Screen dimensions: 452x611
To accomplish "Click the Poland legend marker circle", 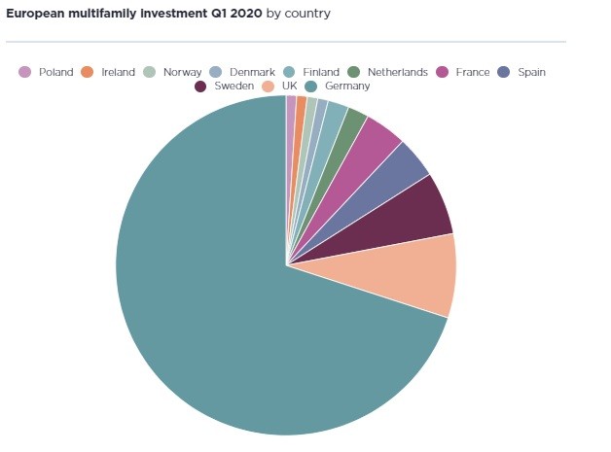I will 25,72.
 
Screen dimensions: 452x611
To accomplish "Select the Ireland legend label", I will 118,72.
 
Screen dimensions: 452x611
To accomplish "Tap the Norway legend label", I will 182,72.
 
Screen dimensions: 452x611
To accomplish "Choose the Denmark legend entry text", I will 252,72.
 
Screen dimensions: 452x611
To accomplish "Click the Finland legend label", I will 320,72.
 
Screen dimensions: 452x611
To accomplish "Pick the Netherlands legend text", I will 397,72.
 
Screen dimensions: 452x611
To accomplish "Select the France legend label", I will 473,72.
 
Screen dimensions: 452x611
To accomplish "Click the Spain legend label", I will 531,72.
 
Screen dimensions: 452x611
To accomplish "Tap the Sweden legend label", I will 234,87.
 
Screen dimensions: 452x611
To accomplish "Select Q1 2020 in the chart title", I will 231,14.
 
